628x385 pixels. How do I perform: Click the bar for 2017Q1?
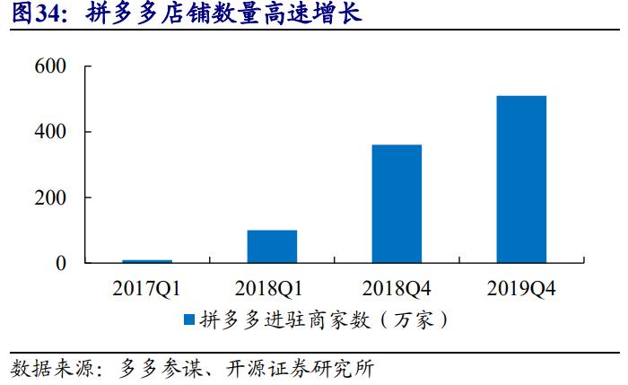(x=147, y=261)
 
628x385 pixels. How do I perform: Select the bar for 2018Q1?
(x=272, y=247)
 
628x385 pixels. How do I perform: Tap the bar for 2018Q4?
(x=397, y=204)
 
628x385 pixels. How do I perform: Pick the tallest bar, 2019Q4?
(x=521, y=179)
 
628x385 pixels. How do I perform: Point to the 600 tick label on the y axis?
(x=51, y=66)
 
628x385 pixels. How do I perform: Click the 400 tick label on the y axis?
(x=51, y=132)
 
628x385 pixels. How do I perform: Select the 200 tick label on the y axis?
(x=51, y=197)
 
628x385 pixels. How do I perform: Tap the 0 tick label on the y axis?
(x=61, y=264)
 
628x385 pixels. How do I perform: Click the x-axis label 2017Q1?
(x=147, y=289)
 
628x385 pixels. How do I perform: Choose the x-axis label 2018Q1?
(x=272, y=289)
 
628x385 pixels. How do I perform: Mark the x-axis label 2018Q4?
(x=397, y=289)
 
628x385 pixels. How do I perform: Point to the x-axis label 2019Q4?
(x=521, y=289)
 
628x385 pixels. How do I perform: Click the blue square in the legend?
(x=189, y=319)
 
